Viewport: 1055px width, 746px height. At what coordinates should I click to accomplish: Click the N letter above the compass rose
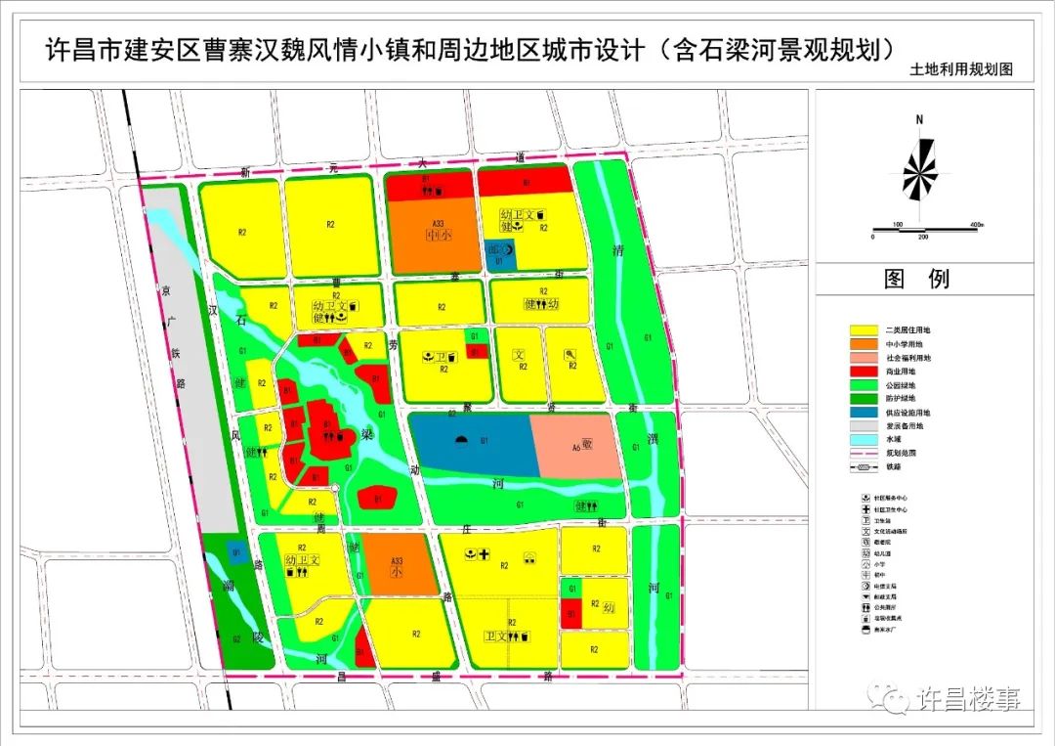click(x=919, y=119)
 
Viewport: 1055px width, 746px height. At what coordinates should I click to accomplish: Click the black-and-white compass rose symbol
click(x=919, y=170)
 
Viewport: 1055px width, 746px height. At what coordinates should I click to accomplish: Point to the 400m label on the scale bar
click(x=976, y=225)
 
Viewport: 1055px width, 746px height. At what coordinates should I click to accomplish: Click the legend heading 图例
click(x=916, y=279)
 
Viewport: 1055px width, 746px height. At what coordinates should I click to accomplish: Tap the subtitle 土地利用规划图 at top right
click(x=961, y=70)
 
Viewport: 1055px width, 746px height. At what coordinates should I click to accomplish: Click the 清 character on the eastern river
click(x=616, y=248)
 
